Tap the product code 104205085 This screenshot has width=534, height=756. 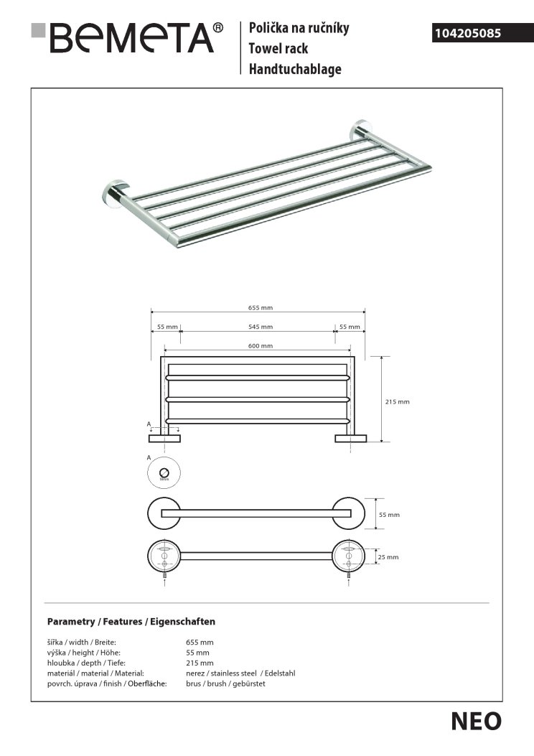click(x=467, y=33)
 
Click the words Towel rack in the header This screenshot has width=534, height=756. click(x=278, y=49)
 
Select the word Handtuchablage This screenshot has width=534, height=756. click(x=295, y=70)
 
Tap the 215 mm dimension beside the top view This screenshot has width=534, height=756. click(x=398, y=402)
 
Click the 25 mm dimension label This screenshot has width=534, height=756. click(x=388, y=556)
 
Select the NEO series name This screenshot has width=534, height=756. click(x=476, y=722)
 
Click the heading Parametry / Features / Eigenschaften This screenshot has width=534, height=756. click(x=131, y=622)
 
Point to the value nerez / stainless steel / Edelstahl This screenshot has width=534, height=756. click(x=240, y=673)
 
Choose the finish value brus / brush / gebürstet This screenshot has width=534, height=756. click(x=225, y=684)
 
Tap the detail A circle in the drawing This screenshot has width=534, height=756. click(x=164, y=472)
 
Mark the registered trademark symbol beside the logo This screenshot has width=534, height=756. click(x=218, y=27)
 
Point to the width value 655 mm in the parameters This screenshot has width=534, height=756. click(x=200, y=643)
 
